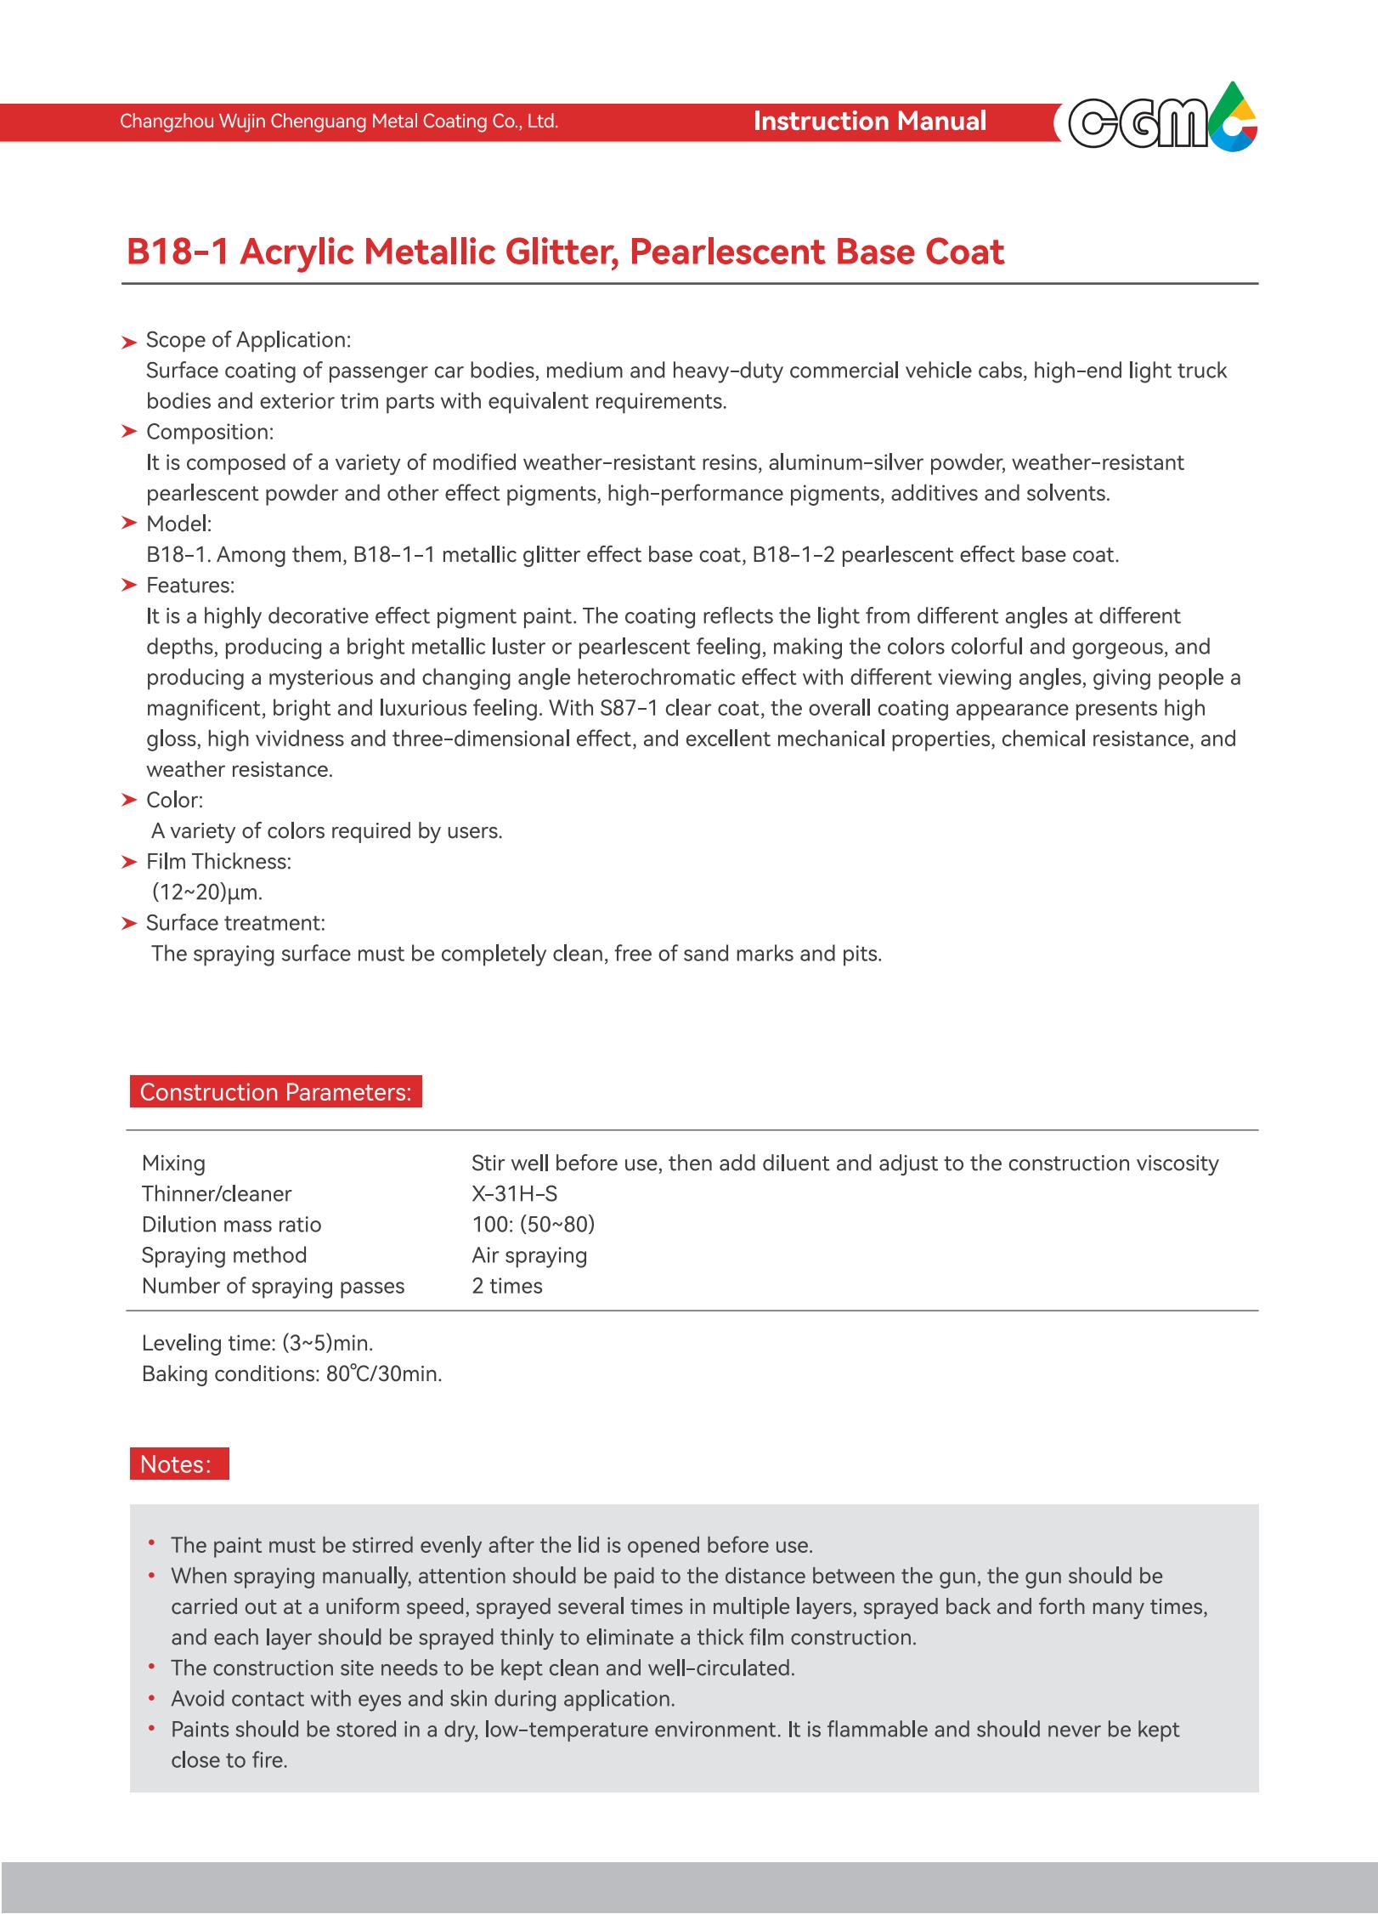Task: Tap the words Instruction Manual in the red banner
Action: click(869, 122)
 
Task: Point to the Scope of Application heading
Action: click(248, 340)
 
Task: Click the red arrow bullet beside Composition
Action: click(129, 432)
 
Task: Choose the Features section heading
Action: click(190, 586)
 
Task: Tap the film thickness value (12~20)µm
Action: click(207, 892)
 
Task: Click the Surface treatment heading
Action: click(235, 923)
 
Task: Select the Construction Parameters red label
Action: click(275, 1092)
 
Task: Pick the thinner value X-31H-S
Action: click(515, 1194)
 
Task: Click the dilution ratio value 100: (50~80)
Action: click(534, 1225)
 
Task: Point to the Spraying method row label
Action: click(224, 1255)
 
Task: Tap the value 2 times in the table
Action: click(507, 1286)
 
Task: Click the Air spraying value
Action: click(529, 1255)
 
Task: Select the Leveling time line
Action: click(257, 1343)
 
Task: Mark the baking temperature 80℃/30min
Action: click(384, 1373)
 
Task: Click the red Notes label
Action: click(178, 1464)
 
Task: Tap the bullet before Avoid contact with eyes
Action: click(151, 1698)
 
